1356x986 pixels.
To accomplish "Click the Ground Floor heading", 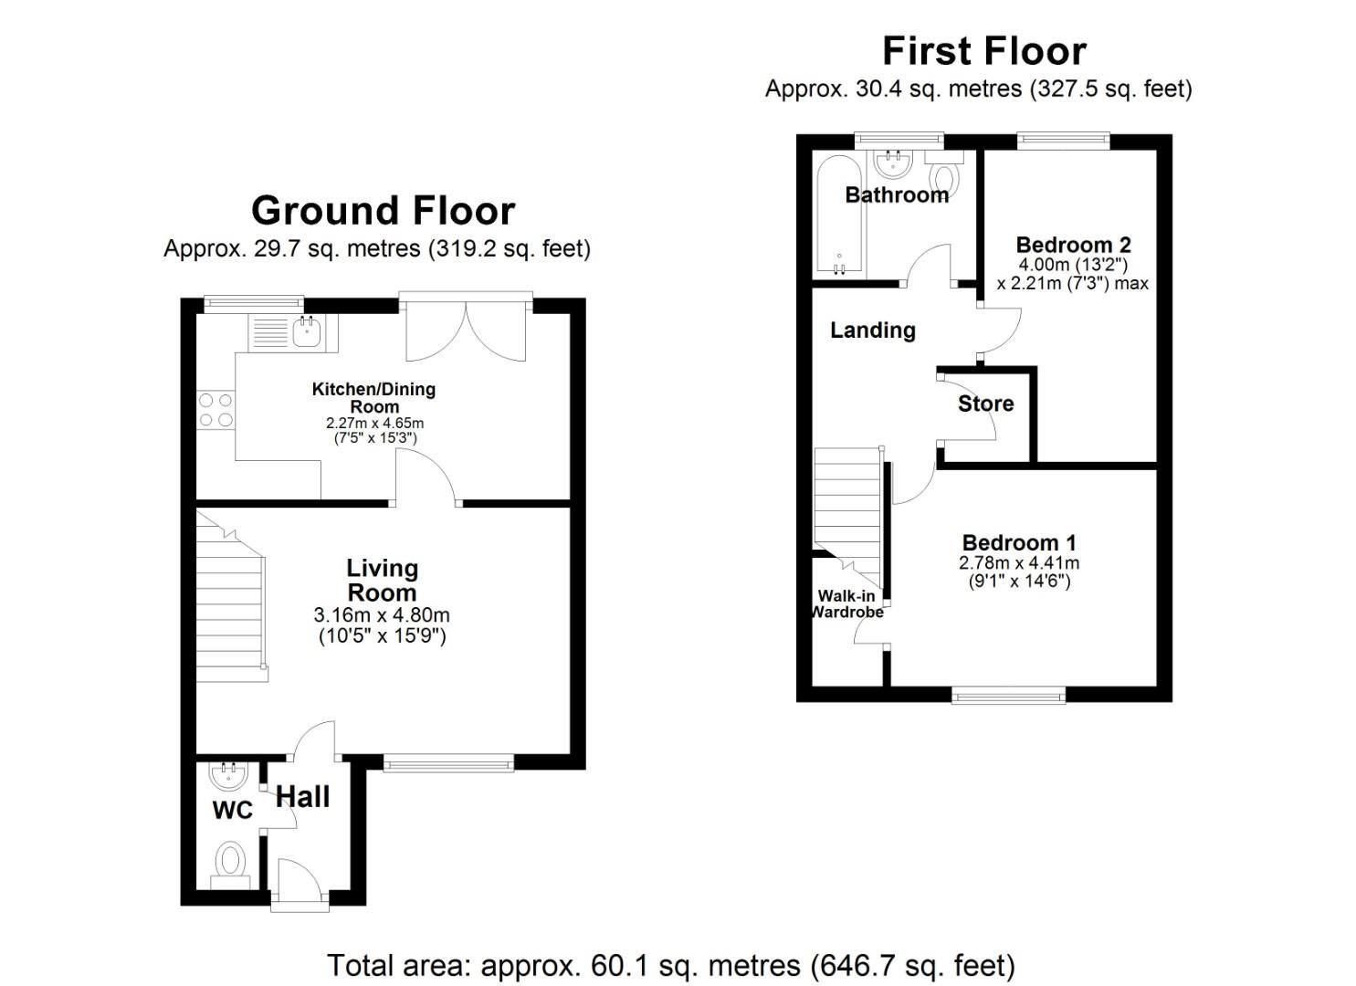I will coord(383,211).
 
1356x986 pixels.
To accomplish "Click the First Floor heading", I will coord(983,50).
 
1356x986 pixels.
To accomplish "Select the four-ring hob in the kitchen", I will coord(215,409).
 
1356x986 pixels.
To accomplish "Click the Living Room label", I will coord(382,580).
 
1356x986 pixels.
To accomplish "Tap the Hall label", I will coord(302,797).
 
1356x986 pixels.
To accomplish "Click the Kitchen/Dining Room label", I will coord(373,397).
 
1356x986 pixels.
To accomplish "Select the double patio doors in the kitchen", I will coord(466,330).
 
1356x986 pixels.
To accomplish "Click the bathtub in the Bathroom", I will coord(837,215).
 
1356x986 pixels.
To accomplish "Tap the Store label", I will coord(985,404).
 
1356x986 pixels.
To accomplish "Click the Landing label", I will coord(872,330).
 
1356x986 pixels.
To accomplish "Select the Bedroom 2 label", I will coord(1073,245).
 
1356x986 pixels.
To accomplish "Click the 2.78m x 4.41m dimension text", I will coord(1018,563).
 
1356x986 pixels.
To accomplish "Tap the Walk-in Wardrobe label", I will coord(848,603).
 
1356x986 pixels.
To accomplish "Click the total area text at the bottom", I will coord(671,965).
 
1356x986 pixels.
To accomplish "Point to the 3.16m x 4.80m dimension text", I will coord(382,616).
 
